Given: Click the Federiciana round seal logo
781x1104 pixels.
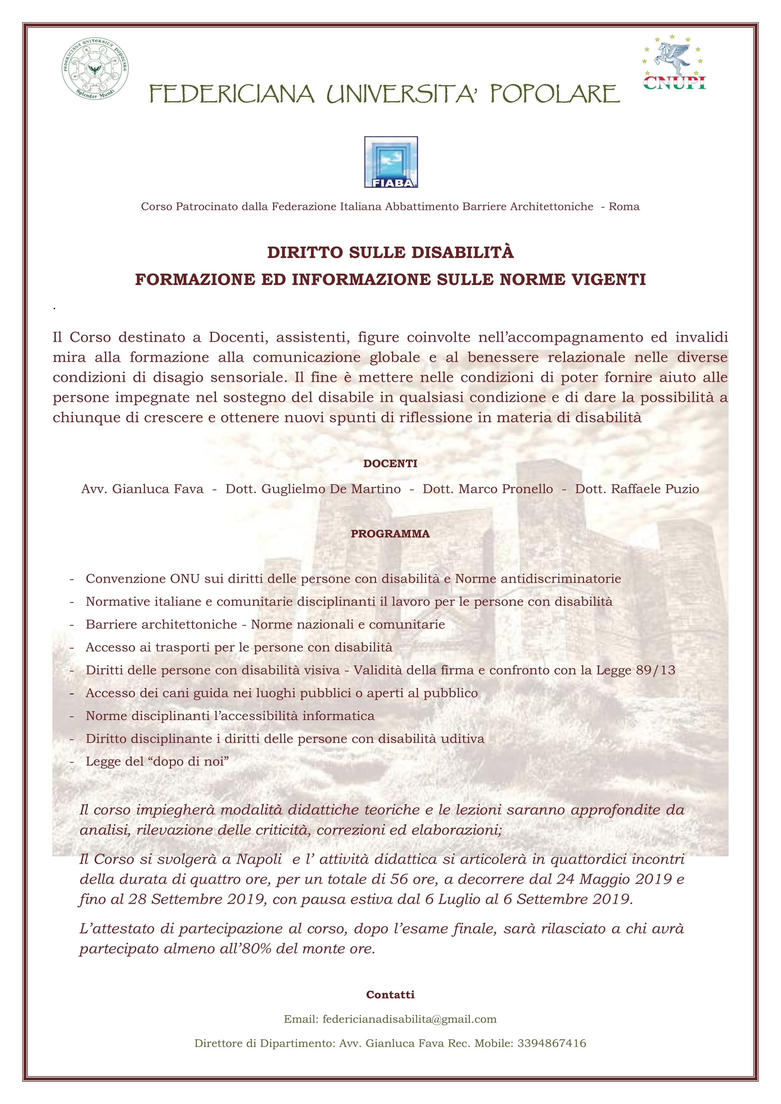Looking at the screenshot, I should [95, 68].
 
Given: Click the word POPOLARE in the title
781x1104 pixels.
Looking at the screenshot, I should [555, 94].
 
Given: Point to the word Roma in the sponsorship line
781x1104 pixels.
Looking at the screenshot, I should [624, 207].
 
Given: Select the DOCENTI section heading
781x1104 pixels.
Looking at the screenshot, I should [390, 464].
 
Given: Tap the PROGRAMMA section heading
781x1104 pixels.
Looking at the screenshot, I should [390, 534].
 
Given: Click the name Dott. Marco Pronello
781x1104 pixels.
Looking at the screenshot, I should [487, 489].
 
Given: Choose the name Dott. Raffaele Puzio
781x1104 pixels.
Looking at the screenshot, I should [637, 489].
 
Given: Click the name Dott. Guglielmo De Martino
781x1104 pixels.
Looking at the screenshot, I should [313, 489].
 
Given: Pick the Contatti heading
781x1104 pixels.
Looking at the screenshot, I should [390, 995].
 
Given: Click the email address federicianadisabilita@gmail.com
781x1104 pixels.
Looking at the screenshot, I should [409, 1019].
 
